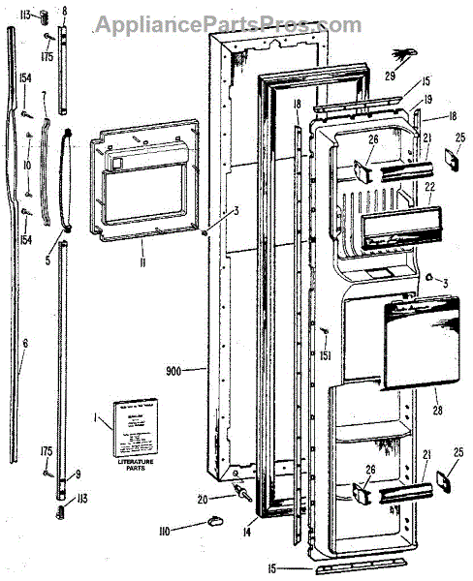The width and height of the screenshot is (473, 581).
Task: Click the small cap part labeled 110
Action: tap(214, 524)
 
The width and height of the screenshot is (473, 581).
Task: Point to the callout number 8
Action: tap(65, 11)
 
